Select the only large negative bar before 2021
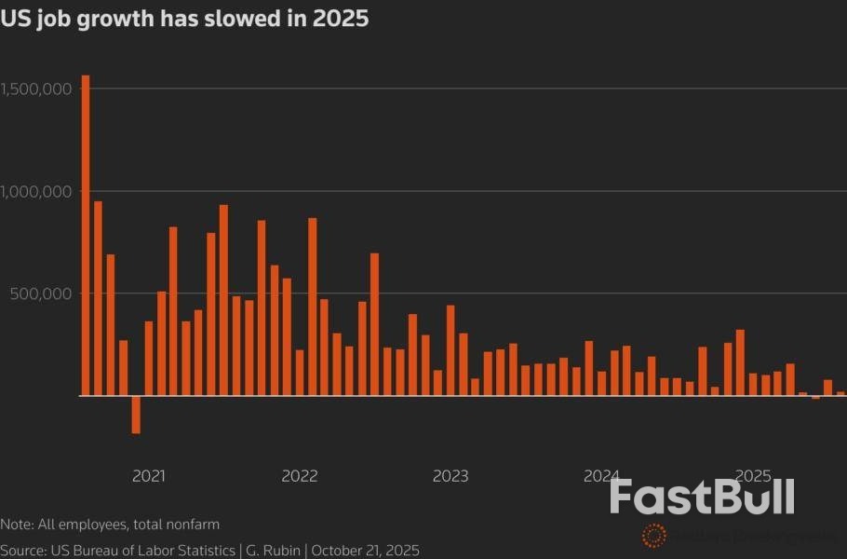(136, 415)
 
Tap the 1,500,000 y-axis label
(36, 89)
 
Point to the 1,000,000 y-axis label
(36, 192)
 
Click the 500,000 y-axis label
(43, 293)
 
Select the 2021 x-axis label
(149, 476)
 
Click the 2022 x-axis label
(300, 476)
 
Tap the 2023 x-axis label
(450, 476)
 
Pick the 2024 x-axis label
(601, 476)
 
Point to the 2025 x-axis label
(752, 476)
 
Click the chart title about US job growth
(184, 19)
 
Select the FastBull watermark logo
(702, 497)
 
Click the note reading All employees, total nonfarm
(110, 525)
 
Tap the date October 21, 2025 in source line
(366, 551)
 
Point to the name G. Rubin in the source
(271, 551)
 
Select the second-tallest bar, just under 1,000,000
(98, 298)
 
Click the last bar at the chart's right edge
(840, 393)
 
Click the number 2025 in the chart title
(343, 19)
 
